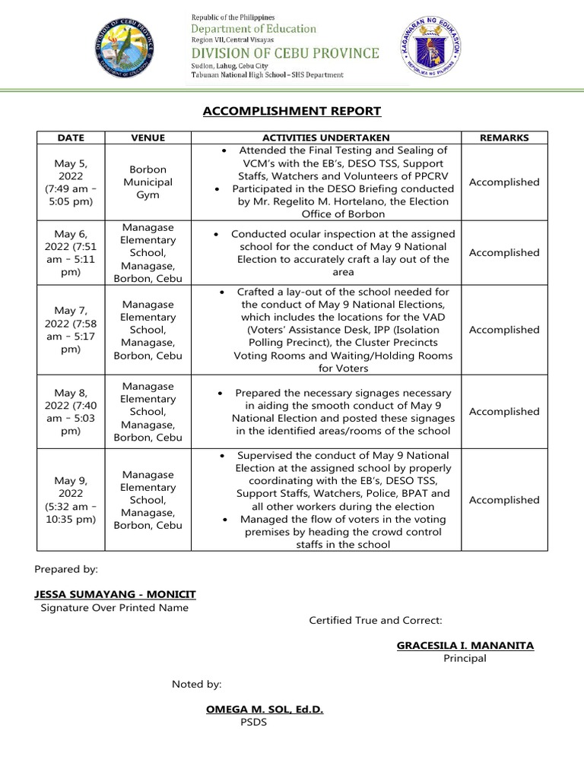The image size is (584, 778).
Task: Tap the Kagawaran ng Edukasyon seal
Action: [430, 47]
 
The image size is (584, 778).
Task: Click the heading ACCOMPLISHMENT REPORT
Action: [292, 112]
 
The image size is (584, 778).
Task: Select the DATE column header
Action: [71, 138]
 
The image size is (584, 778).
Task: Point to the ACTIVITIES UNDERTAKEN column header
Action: [326, 138]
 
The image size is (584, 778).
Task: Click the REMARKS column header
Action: [505, 138]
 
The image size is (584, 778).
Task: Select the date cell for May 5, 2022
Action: [71, 182]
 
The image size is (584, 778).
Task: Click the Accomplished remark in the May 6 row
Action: [505, 253]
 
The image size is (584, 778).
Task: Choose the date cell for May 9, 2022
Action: [71, 500]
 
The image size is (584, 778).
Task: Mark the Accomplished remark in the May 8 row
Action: [505, 412]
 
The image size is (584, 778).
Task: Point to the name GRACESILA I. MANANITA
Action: [465, 646]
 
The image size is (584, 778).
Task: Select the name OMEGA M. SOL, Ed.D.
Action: [265, 710]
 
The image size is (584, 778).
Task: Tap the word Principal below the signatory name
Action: [465, 659]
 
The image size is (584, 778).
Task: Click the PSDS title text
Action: [253, 723]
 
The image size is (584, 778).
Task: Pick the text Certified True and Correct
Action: [376, 621]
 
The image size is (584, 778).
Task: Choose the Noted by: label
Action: [197, 685]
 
